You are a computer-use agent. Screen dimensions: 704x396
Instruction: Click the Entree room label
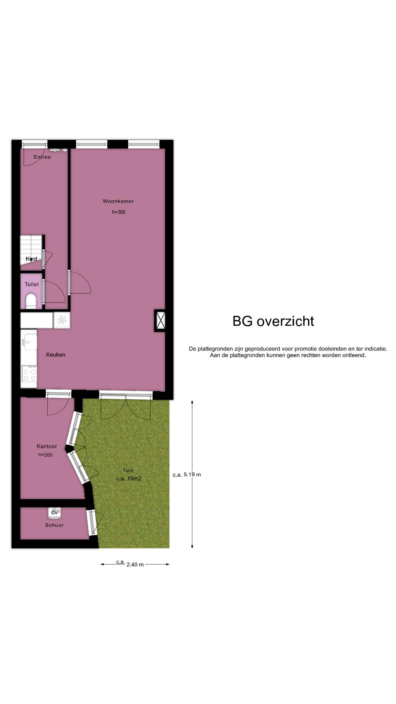click(x=42, y=157)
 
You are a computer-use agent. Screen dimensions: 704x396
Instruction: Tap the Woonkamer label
click(x=118, y=201)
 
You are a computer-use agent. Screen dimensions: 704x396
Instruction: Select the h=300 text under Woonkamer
click(x=118, y=212)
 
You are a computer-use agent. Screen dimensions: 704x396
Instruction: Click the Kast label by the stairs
click(x=32, y=259)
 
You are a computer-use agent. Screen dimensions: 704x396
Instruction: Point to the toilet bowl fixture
click(x=31, y=301)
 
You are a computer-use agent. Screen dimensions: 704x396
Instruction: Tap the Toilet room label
click(x=32, y=284)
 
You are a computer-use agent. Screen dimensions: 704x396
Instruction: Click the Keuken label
click(x=56, y=355)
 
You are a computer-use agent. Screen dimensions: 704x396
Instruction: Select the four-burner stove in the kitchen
click(x=29, y=374)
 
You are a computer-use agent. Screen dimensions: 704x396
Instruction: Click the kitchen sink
click(x=28, y=342)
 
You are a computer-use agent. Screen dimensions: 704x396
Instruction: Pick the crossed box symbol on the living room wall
click(x=160, y=320)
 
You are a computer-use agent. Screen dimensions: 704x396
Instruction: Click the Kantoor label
click(x=47, y=446)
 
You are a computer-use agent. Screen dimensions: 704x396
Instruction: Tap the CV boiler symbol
click(x=55, y=513)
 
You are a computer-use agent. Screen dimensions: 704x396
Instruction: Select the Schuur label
click(x=54, y=525)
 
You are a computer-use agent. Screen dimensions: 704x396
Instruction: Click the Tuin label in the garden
click(x=128, y=470)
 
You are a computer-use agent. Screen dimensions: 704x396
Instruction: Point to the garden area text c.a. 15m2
click(x=129, y=478)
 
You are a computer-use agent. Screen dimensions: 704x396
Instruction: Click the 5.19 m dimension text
click(x=192, y=474)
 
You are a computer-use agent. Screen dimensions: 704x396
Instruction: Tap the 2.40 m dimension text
click(x=135, y=564)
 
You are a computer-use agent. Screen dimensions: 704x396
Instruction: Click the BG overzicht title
click(x=273, y=321)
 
